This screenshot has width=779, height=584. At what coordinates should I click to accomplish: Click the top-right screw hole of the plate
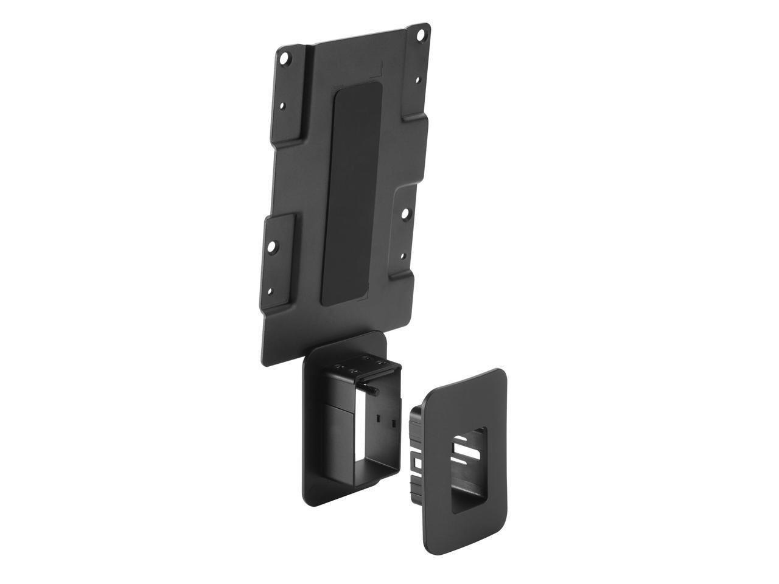pyautogui.click(x=419, y=35)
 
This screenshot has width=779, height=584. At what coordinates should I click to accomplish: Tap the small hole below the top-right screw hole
pyautogui.click(x=417, y=79)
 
